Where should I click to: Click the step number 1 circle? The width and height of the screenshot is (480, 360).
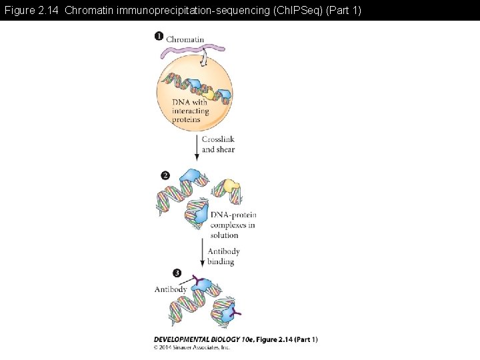[x=159, y=36]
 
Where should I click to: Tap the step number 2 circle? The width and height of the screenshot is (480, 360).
[x=165, y=175]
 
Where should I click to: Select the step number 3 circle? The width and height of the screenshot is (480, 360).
[x=177, y=273]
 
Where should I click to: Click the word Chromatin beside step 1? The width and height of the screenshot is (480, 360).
[x=185, y=39]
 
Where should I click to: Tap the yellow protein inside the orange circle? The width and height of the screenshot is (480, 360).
[x=210, y=95]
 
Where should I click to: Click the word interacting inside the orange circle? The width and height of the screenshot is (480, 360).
[x=191, y=111]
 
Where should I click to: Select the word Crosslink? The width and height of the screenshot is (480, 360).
[x=218, y=140]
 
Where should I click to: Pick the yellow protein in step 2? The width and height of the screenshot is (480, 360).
[x=231, y=188]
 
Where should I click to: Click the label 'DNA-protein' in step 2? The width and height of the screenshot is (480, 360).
[x=233, y=215]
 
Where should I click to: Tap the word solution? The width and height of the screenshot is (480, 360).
[x=225, y=235]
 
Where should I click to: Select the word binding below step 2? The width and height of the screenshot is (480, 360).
[x=221, y=261]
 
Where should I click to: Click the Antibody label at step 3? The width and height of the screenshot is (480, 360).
[x=170, y=289]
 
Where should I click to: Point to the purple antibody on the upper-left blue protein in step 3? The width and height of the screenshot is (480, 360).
[x=196, y=280]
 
